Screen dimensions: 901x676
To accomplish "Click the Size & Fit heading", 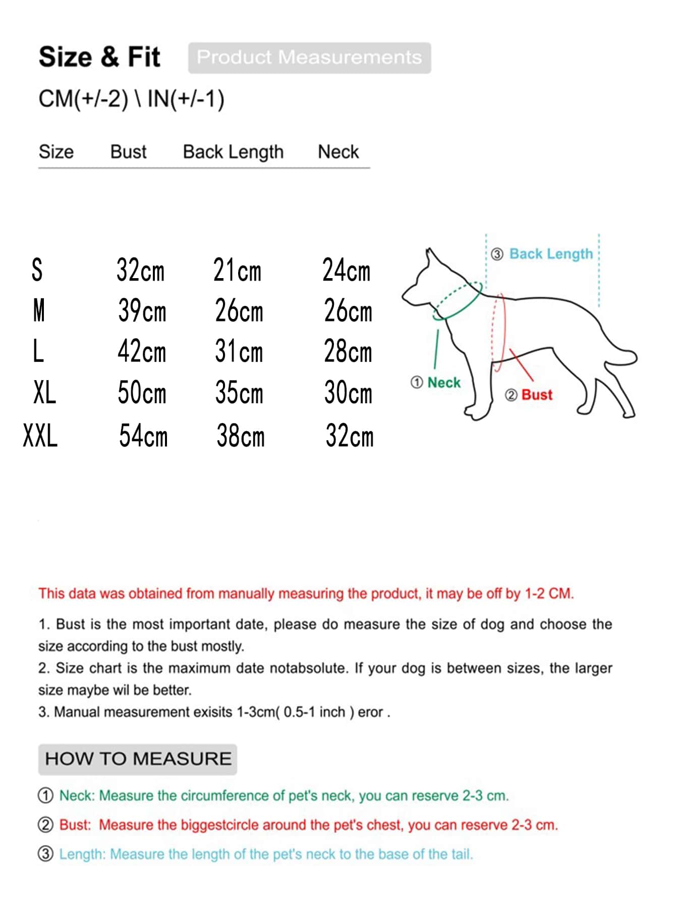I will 99,57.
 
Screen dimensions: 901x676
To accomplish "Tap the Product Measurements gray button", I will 309,58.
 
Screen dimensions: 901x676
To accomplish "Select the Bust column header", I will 128,152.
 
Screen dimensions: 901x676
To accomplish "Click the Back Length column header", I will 233,152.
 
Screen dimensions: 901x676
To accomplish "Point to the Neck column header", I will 338,152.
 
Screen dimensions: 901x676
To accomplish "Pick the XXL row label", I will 40,436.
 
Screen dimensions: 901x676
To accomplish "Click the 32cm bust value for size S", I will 141,270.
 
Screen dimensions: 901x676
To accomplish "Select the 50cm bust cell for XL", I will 142,393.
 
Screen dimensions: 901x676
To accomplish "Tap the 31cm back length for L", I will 239,351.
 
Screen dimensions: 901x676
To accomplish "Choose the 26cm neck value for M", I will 348,311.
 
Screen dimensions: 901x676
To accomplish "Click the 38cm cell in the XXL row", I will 241,436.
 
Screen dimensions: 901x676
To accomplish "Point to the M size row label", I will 39,310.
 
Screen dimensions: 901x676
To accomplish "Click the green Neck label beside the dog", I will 443,383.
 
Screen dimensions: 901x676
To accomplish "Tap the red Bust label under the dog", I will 537,395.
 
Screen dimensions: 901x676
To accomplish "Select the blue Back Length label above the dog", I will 551,254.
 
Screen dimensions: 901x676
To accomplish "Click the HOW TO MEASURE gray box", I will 138,759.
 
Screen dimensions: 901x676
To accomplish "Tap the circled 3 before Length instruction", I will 45,854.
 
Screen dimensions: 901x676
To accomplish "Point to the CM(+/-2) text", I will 83,99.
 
